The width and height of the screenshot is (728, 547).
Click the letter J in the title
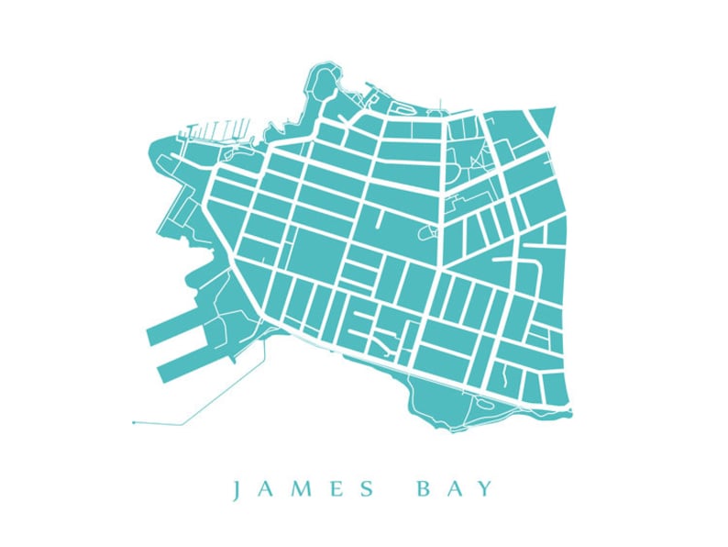(x=237, y=489)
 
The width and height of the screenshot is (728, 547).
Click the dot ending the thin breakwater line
(x=134, y=422)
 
